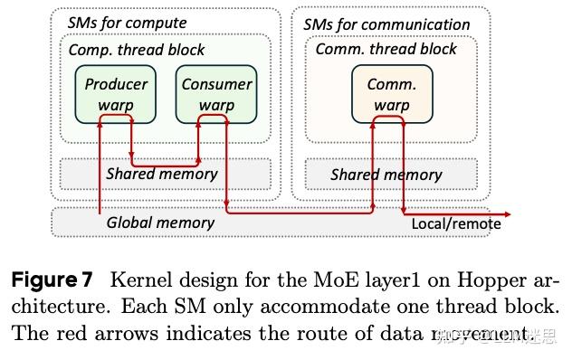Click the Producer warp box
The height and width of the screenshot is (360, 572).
[x=116, y=94]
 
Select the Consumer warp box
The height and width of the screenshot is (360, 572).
[x=216, y=94]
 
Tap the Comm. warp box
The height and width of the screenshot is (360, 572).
[x=391, y=94]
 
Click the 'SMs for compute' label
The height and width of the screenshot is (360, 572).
[x=128, y=23]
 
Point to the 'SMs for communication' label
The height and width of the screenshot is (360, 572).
[x=386, y=24]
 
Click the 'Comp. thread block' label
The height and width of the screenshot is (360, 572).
[x=137, y=50]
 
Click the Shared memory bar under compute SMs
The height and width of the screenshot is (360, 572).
[x=166, y=174]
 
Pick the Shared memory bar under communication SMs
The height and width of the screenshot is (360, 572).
[x=391, y=175]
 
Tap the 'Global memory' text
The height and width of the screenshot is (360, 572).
[x=160, y=222]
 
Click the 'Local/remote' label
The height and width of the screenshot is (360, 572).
[x=455, y=223]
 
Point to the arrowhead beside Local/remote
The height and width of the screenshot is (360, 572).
[x=507, y=213]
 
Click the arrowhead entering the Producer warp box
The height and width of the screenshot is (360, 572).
[x=105, y=128]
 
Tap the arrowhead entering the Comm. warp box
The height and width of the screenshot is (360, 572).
[x=372, y=128]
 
